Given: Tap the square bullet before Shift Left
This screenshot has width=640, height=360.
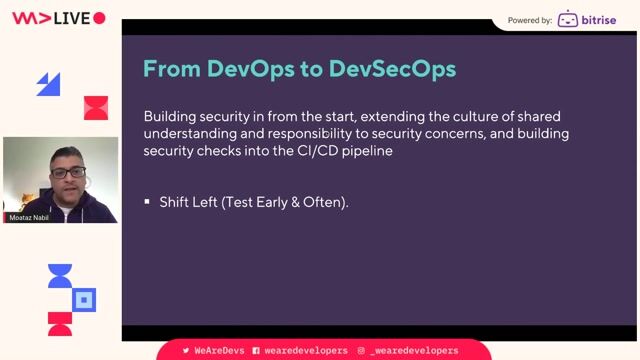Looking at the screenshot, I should [x=147, y=202].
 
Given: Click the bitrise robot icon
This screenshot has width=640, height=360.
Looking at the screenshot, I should [x=568, y=19].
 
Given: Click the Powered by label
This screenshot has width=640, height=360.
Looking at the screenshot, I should [x=530, y=19].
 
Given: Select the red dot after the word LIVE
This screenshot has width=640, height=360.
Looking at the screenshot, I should [x=99, y=18].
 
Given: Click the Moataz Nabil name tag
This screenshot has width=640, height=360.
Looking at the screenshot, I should [x=30, y=217].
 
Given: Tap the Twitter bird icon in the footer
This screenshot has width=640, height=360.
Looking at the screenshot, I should [x=186, y=351].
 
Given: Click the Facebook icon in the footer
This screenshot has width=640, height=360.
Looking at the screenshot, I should [x=256, y=351].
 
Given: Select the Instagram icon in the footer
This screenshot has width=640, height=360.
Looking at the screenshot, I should [x=360, y=351].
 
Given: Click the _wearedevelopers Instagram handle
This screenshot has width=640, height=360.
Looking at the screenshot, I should [x=414, y=351].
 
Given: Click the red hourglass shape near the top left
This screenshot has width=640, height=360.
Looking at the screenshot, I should [x=96, y=108].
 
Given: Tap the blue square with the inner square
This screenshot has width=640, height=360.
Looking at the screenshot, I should [x=86, y=298].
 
